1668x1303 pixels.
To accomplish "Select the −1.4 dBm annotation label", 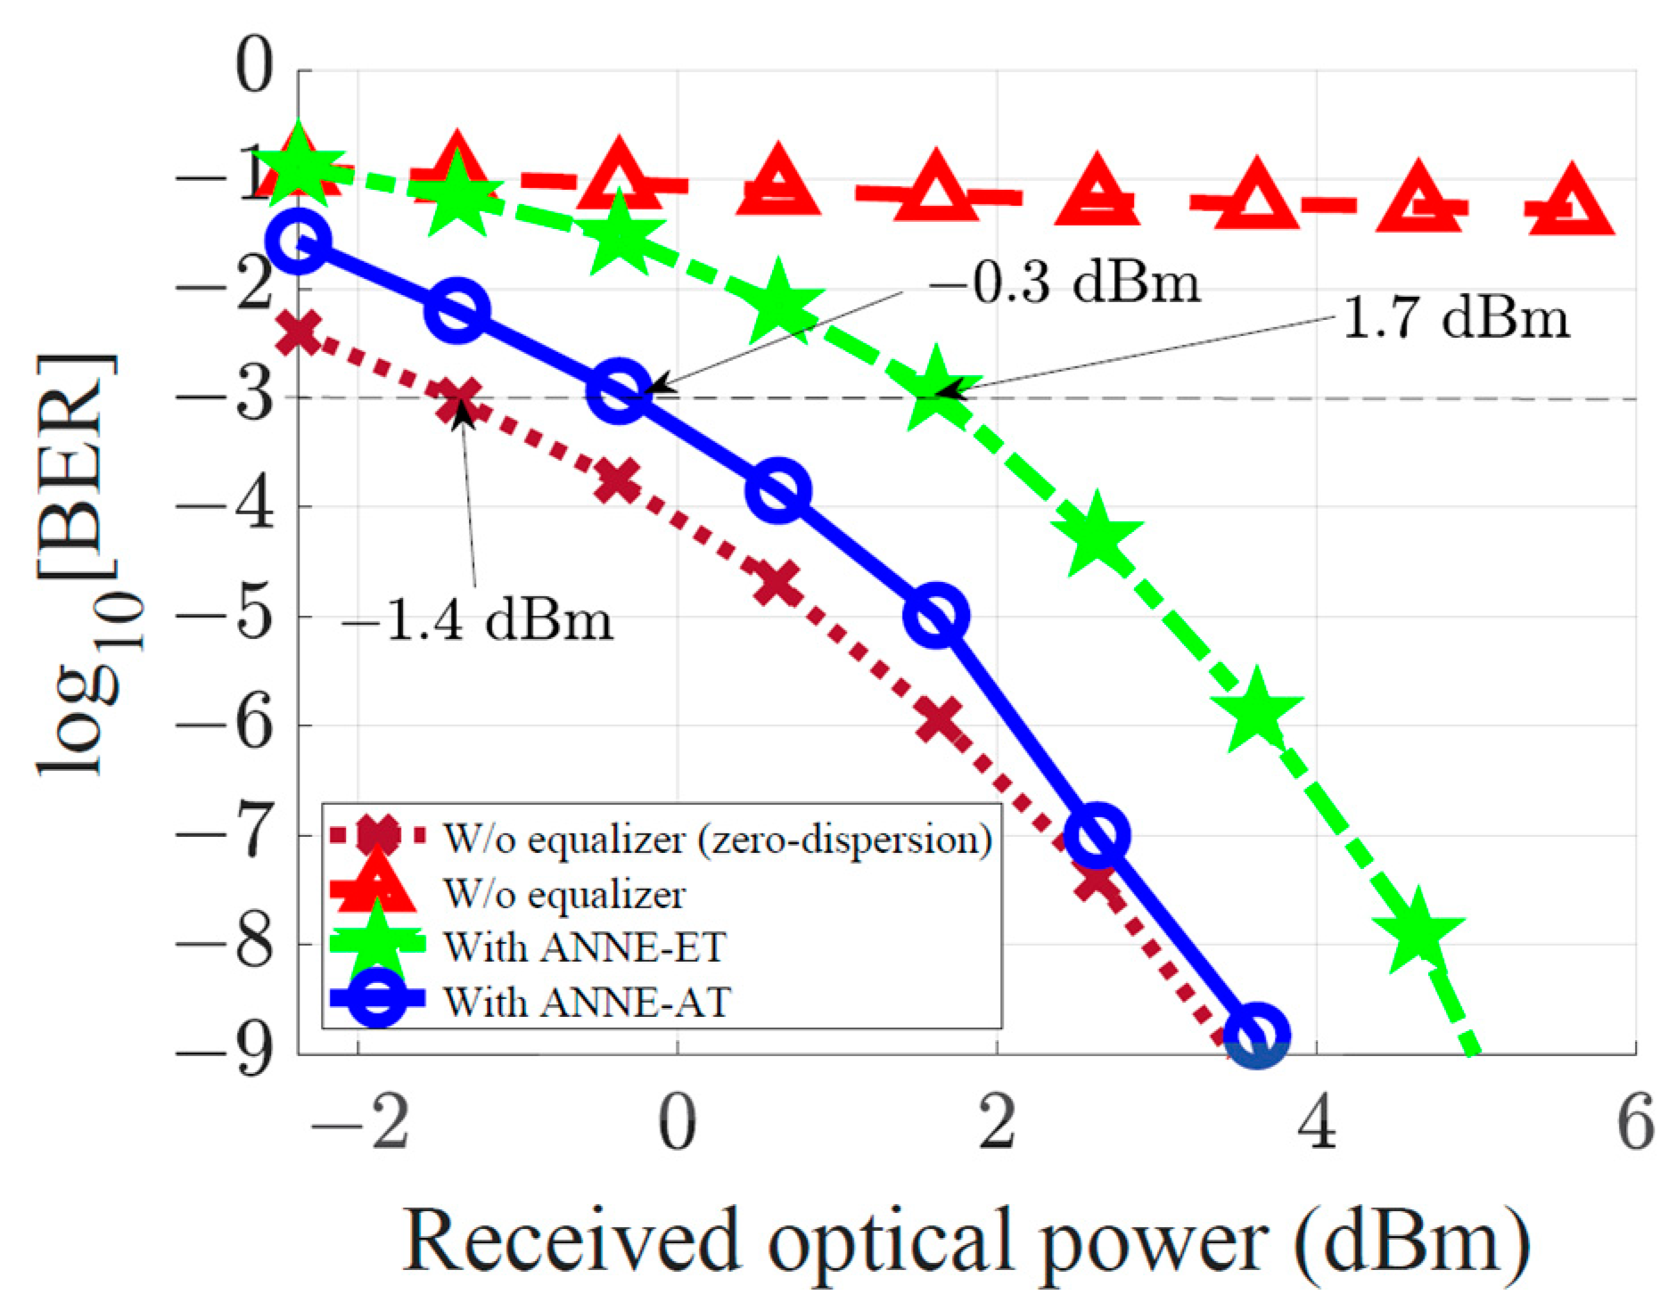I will coord(478,620).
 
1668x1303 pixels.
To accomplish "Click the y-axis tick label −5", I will coord(225,616).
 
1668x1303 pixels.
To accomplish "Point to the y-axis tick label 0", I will coord(254,69).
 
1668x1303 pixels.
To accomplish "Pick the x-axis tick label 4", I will coord(1316,1124).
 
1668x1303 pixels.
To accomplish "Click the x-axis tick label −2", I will coord(358,1124).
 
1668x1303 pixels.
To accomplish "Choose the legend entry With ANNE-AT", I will coord(587,1002).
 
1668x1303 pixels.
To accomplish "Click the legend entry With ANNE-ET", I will coord(585,947).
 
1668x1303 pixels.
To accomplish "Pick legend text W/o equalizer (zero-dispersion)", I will coord(717,839).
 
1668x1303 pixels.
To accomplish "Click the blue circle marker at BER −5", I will coord(936,616).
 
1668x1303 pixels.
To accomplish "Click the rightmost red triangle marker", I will coord(1571,205).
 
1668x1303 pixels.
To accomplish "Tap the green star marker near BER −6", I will coord(1257,711).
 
